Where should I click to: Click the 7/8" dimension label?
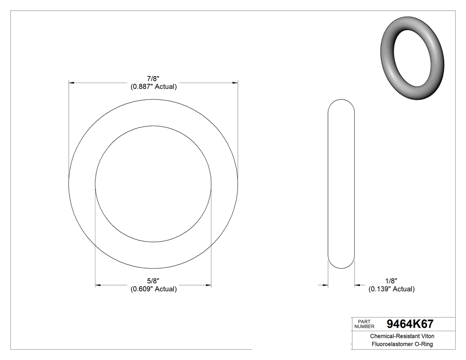click(154, 79)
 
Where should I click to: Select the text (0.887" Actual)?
click(154, 87)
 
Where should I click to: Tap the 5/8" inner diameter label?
click(154, 281)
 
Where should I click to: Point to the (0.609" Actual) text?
click(154, 289)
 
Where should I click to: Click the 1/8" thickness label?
click(391, 281)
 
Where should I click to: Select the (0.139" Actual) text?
click(391, 289)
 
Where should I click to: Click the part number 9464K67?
click(410, 324)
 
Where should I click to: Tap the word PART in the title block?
click(364, 321)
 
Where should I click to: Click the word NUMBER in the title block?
click(364, 326)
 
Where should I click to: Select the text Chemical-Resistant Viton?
click(402, 336)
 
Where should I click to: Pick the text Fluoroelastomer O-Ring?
click(402, 344)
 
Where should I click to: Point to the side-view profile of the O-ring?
click(341, 183)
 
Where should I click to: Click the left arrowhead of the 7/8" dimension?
click(71, 83)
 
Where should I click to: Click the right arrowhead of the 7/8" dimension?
click(235, 83)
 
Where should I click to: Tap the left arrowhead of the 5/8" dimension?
click(99, 285)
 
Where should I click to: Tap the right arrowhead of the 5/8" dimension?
click(208, 285)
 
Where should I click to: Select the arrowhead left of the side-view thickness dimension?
click(325, 285)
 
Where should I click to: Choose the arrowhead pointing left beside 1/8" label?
click(357, 285)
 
